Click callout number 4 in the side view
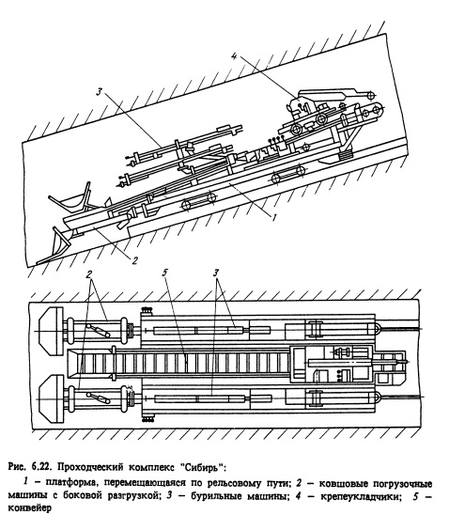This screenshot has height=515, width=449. pos(234,56)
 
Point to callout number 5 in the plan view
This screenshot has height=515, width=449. pos(164,273)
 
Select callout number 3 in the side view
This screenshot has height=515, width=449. pos(99,91)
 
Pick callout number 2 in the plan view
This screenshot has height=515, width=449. pos(88,273)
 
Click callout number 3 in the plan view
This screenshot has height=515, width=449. pos(216,273)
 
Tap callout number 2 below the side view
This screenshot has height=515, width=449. pos(135,260)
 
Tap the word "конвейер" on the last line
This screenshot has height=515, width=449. pos(29,508)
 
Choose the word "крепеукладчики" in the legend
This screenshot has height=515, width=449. pos(361,496)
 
